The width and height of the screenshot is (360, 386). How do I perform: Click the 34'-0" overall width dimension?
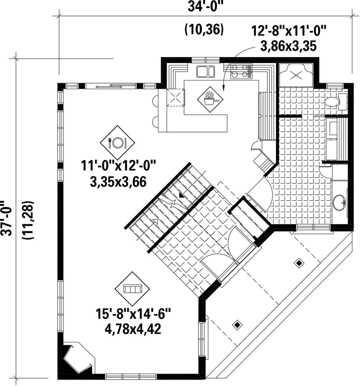coord(203,7)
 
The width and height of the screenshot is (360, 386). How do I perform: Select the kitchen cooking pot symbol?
coord(210,99)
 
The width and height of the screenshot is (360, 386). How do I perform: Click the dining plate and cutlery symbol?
coord(117,143)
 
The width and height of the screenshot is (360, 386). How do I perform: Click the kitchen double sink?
coord(205,72)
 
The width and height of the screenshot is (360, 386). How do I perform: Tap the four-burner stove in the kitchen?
coord(241,71)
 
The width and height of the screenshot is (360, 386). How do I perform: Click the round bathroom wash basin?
coord(340,203)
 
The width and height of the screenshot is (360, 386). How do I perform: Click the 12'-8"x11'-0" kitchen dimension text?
coord(288,32)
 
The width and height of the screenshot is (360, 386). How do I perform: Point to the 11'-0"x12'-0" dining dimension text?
coord(118,165)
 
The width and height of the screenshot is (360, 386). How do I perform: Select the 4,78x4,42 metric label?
coord(133,328)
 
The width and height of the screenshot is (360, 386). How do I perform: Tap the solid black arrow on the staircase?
coord(181,196)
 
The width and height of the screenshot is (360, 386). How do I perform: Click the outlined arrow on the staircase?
coord(155,221)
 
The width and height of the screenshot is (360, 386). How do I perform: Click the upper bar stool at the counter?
coord(155,101)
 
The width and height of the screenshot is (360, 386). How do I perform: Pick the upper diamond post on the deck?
coord(299,263)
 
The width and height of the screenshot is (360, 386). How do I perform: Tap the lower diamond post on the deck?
coord(237,325)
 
